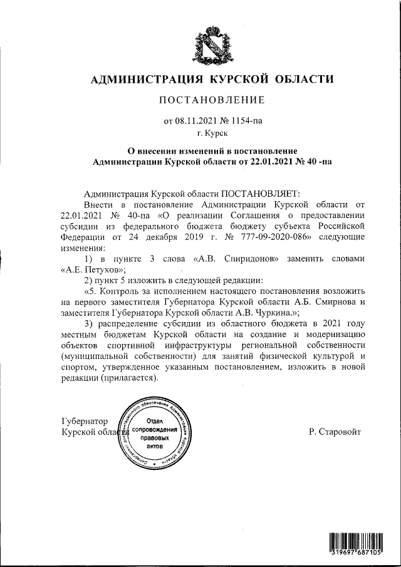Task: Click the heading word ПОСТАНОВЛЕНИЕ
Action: coord(212,100)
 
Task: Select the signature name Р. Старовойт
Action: coord(335,432)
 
